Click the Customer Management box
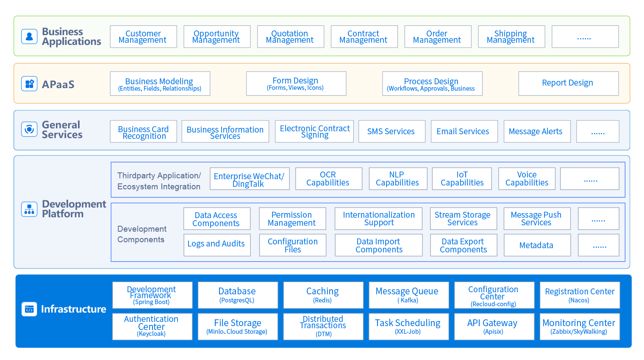pyautogui.click(x=143, y=37)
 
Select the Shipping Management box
pyautogui.click(x=511, y=37)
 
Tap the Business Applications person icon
pyautogui.click(x=29, y=36)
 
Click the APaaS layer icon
pyautogui.click(x=29, y=84)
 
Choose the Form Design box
pyautogui.click(x=296, y=83)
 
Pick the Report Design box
pyautogui.click(x=568, y=83)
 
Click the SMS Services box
pyautogui.click(x=391, y=131)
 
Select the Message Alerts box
pyautogui.click(x=536, y=131)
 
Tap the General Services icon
pyautogui.click(x=29, y=129)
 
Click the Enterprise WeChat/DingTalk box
pyautogui.click(x=250, y=179)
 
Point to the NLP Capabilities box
pyautogui.click(x=397, y=179)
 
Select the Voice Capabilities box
pyautogui.click(x=527, y=179)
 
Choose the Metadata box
pyautogui.click(x=537, y=245)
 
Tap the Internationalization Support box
pyautogui.click(x=378, y=219)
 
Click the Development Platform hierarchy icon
pyautogui.click(x=29, y=209)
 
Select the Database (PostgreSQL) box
pyautogui.click(x=237, y=295)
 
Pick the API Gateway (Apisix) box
pyautogui.click(x=494, y=327)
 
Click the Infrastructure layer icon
pyautogui.click(x=29, y=309)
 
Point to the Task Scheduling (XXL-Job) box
pyautogui.click(x=408, y=327)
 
